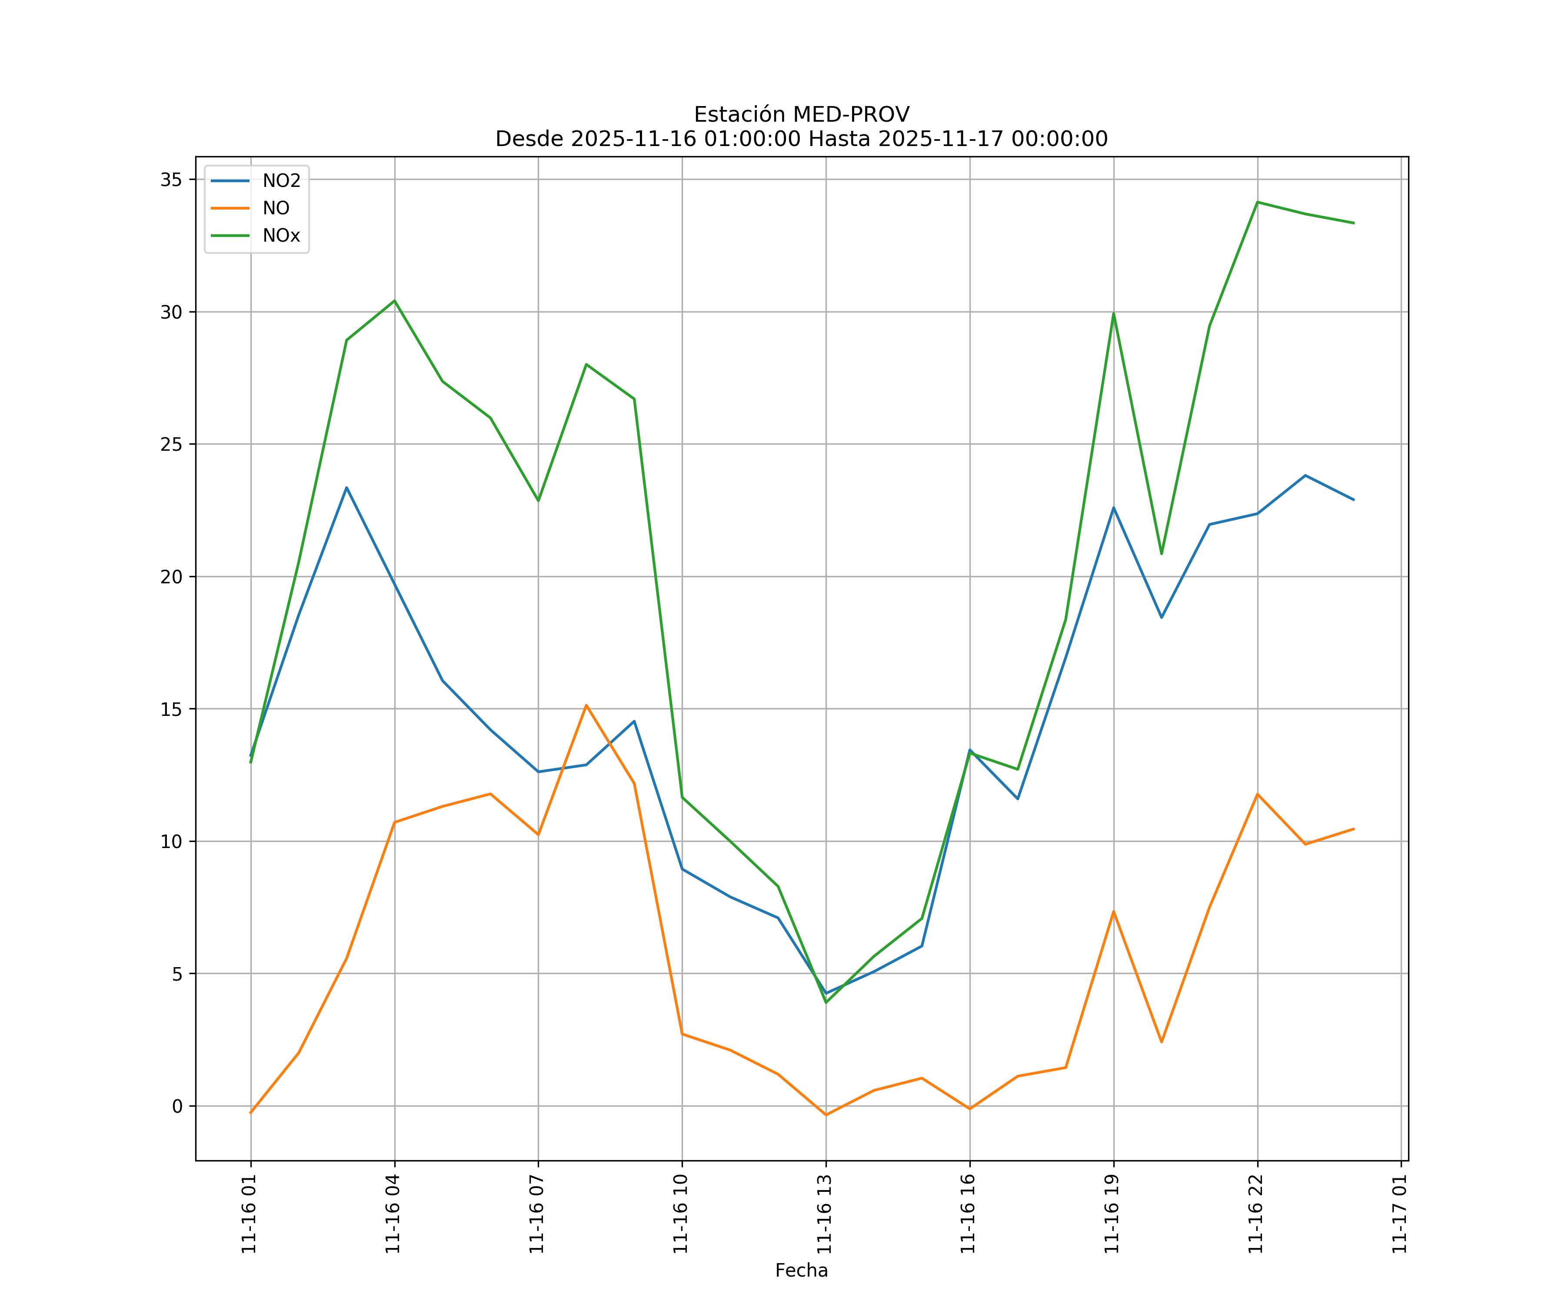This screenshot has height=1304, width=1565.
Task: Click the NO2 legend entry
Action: pos(281,180)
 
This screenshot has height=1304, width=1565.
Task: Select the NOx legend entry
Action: pos(281,236)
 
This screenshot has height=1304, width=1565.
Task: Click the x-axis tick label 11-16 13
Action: pos(824,1214)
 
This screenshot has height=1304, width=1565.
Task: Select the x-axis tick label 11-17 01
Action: pos(1399,1214)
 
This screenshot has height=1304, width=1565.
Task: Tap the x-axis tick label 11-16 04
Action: pos(393,1214)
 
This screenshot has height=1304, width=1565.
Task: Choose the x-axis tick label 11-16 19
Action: pos(1112,1214)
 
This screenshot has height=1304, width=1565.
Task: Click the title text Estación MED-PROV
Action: pos(801,114)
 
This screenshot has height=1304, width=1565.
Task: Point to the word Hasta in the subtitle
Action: pos(841,139)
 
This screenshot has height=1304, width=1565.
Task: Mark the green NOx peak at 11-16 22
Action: pos(1257,202)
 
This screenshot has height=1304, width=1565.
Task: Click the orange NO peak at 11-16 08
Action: pos(586,705)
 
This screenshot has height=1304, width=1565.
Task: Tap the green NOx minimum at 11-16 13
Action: pos(826,1002)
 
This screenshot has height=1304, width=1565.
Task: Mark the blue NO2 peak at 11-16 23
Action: pos(1305,476)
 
